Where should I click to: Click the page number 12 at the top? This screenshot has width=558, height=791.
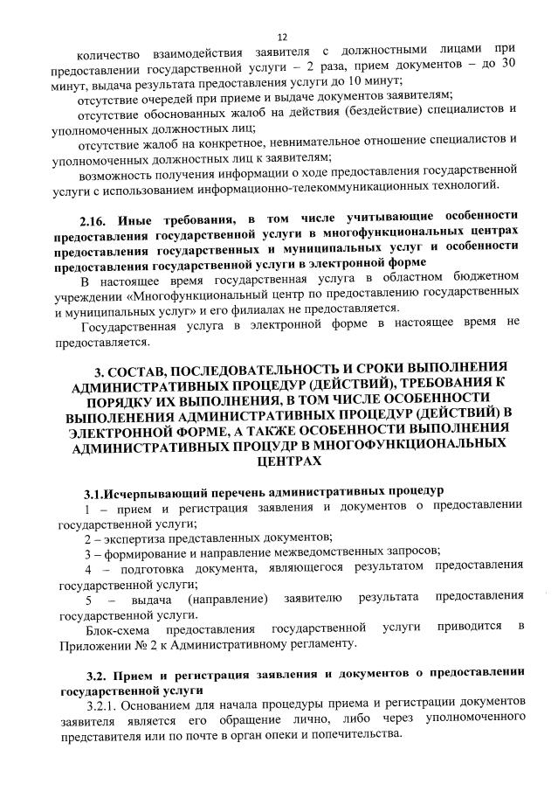(282, 38)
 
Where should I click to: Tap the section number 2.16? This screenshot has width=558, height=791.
(94, 215)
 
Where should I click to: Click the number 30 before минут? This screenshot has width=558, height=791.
(516, 64)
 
